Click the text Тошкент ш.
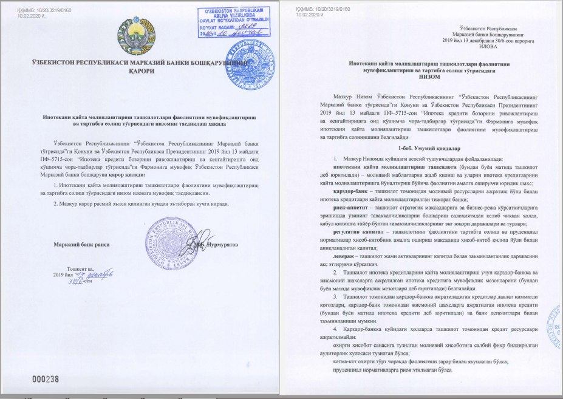[81, 268]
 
